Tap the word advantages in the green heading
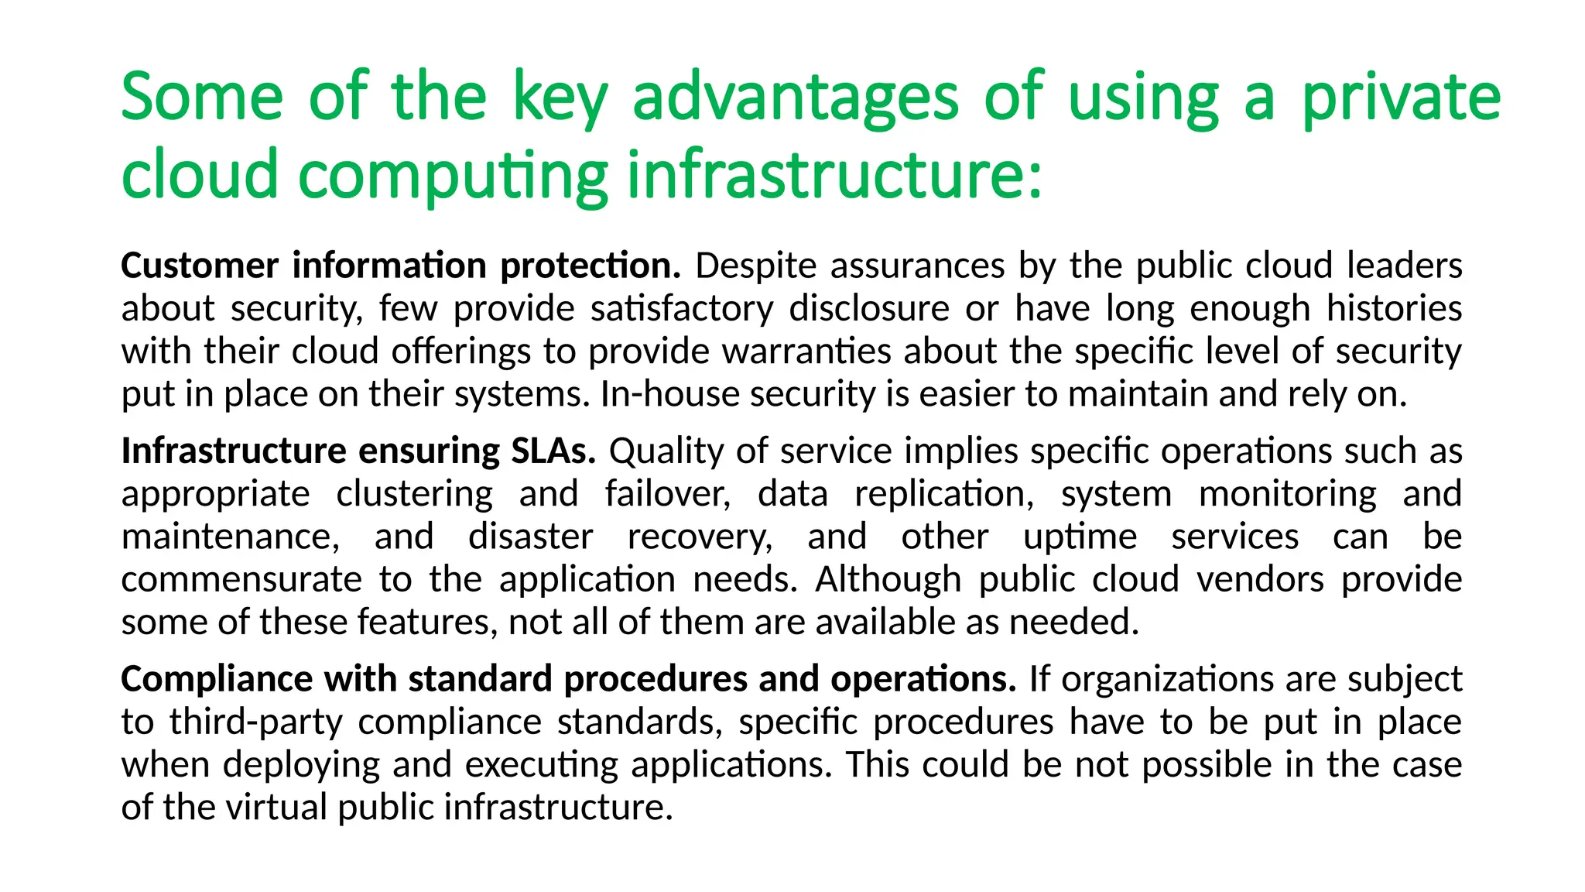coord(796,99)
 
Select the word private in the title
coord(1402,99)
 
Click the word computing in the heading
coord(453,177)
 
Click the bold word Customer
coord(199,266)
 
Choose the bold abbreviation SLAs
coord(553,451)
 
